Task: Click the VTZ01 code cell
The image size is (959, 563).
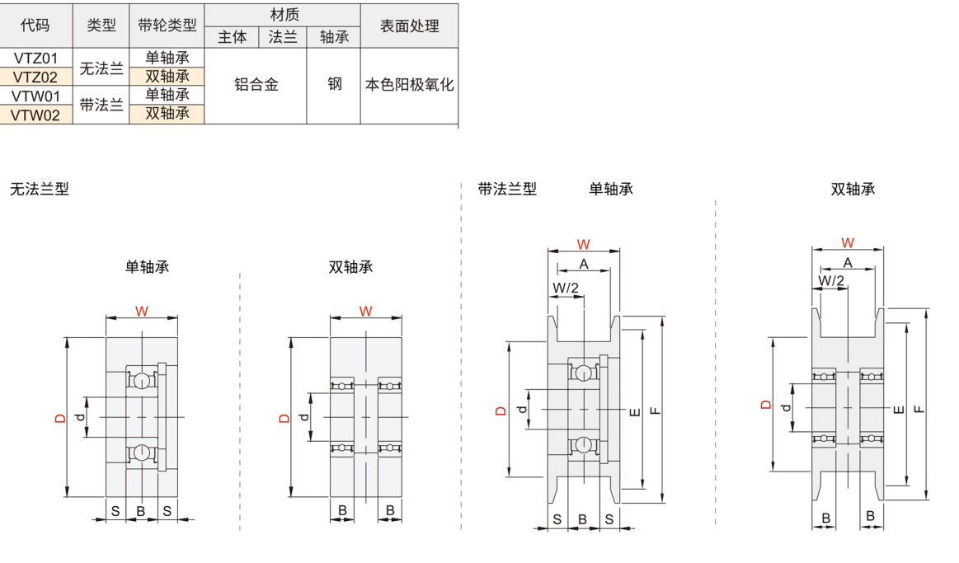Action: [x=36, y=58]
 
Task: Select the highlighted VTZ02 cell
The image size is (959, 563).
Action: [x=36, y=77]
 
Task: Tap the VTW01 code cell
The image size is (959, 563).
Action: [x=36, y=96]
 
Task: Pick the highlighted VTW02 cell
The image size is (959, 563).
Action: [x=36, y=115]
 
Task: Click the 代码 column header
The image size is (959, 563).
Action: [x=36, y=26]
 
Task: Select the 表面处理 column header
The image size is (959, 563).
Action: [x=409, y=26]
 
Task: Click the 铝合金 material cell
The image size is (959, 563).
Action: [x=256, y=85]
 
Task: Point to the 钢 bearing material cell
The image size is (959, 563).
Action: [x=334, y=84]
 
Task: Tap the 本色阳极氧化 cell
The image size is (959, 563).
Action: [x=409, y=85]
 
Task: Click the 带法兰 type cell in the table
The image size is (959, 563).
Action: [x=101, y=105]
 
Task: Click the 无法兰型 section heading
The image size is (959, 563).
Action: [x=40, y=189]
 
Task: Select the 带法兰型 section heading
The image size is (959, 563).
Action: [x=507, y=189]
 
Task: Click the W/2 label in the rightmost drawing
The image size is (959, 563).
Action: [x=831, y=281]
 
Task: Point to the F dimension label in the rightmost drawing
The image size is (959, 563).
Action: [x=919, y=409]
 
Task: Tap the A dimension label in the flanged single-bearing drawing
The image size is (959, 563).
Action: [x=584, y=264]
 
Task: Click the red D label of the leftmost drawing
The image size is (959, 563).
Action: [x=59, y=418]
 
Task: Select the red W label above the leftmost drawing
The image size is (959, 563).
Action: [x=142, y=312]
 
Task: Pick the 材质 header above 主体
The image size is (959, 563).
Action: [x=284, y=15]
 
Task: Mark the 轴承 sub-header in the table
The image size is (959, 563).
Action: [x=334, y=37]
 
